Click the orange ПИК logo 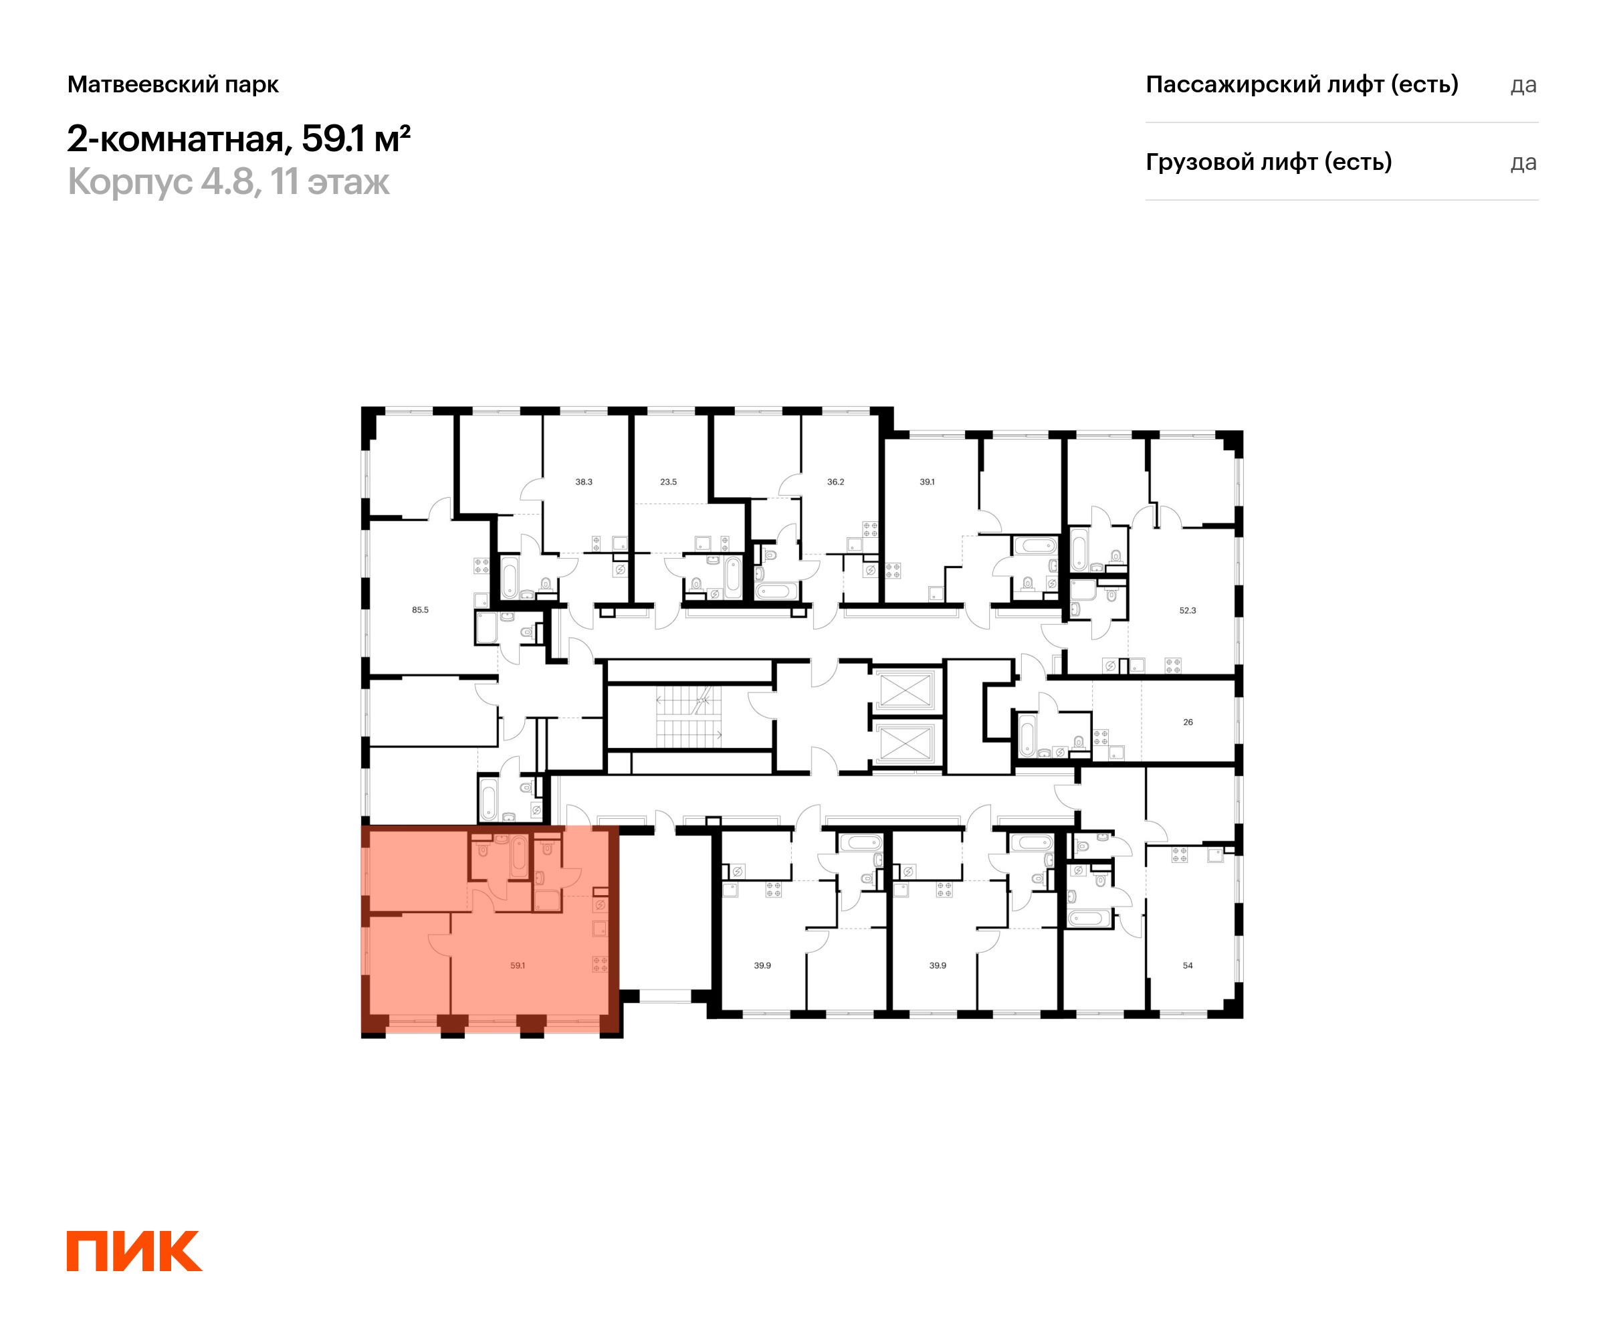[x=134, y=1251]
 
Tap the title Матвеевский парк [x=173, y=84]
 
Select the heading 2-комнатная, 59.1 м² [x=239, y=138]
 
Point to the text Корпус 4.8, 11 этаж [x=229, y=182]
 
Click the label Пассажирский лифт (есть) [x=1301, y=84]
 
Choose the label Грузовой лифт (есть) [x=1268, y=162]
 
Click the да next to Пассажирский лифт [x=1523, y=85]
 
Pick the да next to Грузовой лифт [x=1523, y=163]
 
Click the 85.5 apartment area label [x=421, y=610]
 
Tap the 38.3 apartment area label [x=584, y=482]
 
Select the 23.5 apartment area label [x=668, y=482]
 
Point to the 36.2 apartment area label [x=835, y=482]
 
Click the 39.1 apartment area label [x=927, y=482]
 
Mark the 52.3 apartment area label [x=1187, y=610]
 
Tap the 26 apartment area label [x=1188, y=722]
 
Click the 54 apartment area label [x=1188, y=965]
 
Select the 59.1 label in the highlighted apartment [x=518, y=965]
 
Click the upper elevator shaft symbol [x=905, y=690]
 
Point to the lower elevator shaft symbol [x=905, y=743]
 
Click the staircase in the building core [x=688, y=717]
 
